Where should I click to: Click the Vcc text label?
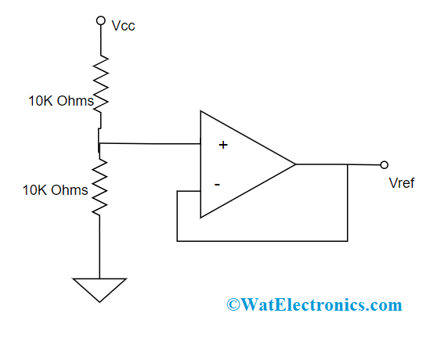tap(124, 26)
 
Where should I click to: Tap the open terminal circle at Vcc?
tap(99, 21)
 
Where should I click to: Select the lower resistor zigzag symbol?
tap(99, 189)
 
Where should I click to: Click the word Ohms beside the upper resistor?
tap(76, 102)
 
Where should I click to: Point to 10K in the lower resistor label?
tap(36, 190)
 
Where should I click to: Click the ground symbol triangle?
tap(99, 289)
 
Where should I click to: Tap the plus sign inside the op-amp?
tap(223, 145)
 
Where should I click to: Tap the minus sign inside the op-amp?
tap(217, 185)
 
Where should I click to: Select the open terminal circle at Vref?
tap(384, 165)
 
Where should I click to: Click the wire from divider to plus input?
tap(149, 143)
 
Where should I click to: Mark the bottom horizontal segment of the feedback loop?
tap(262, 239)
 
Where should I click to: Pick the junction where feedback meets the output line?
tap(347, 165)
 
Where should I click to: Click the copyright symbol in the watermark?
tap(233, 304)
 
